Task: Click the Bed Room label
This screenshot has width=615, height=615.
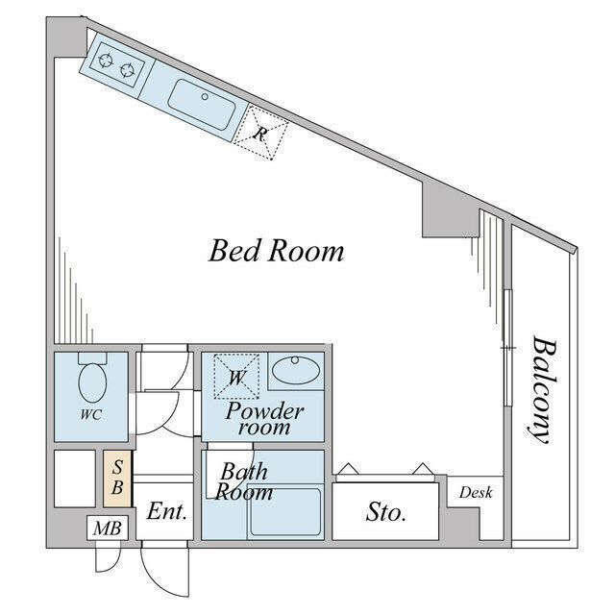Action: [276, 251]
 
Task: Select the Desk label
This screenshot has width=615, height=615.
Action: [476, 492]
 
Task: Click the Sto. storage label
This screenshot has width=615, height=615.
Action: [385, 512]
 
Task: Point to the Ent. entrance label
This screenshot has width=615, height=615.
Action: [166, 511]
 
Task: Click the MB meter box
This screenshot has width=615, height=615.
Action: [107, 528]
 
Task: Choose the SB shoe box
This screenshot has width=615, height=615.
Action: [117, 478]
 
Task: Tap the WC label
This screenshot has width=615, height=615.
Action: [91, 414]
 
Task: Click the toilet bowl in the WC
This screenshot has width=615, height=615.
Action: [92, 382]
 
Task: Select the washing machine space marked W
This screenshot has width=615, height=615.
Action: [236, 376]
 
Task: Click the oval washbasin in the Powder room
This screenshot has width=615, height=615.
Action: [296, 369]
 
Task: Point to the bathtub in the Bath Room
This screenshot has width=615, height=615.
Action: [286, 512]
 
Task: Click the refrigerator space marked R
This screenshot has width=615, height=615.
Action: [260, 133]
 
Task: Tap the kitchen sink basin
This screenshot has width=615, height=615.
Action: [202, 104]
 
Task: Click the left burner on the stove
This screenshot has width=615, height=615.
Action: [106, 61]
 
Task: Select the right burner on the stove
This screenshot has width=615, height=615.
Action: [127, 70]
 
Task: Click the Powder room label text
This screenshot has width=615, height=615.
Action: [264, 419]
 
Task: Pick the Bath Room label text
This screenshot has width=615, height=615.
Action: [243, 481]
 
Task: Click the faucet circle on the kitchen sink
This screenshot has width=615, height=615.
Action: [205, 96]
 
